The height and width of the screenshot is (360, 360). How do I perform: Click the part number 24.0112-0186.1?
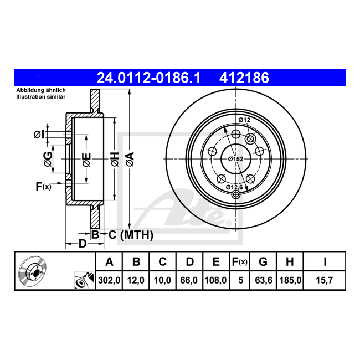tap(148, 78)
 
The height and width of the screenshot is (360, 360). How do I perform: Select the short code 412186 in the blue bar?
tap(244, 78)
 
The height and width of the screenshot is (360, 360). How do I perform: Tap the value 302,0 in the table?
tap(109, 280)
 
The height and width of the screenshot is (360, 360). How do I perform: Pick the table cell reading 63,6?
tap(263, 280)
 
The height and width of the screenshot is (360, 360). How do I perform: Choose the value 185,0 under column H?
tap(290, 280)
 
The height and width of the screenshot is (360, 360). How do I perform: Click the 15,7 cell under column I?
tap(324, 280)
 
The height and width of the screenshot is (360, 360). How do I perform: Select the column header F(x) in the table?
tap(240, 261)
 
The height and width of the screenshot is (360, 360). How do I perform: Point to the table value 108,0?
tap(215, 280)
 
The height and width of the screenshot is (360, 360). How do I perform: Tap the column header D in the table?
tap(189, 261)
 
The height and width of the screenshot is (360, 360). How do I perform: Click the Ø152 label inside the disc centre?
tap(236, 159)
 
